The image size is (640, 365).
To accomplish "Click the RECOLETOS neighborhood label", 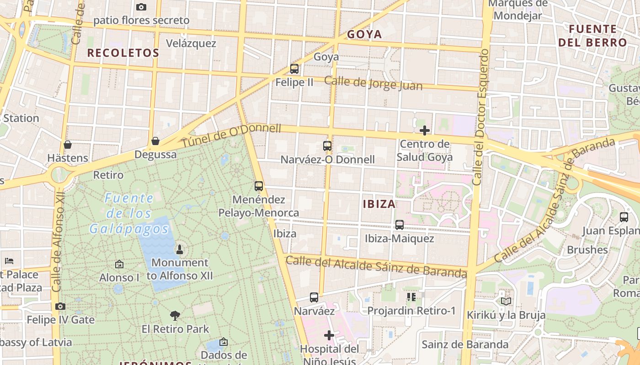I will tap(123, 53).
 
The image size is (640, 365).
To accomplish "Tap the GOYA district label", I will tap(364, 35).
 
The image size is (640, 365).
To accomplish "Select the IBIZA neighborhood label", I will tap(379, 204).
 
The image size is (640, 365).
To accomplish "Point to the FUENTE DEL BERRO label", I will tap(592, 36).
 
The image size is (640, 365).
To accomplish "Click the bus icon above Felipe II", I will tap(294, 69).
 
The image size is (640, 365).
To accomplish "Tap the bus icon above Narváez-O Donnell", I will tap(327, 146).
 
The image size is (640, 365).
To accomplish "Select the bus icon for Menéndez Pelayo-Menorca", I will tap(259, 186).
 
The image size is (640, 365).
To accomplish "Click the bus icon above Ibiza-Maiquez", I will tap(400, 225).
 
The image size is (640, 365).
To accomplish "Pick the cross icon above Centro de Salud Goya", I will tap(425, 130).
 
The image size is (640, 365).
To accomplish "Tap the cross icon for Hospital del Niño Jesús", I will tap(329, 335).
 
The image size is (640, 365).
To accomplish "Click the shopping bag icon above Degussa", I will tap(155, 141).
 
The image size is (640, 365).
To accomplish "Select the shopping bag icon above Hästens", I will tap(68, 145).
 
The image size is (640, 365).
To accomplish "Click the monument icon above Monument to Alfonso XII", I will tap(180, 250).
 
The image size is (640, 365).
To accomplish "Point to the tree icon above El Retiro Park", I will tap(175, 315).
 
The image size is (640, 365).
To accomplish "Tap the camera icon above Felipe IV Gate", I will tap(60, 306).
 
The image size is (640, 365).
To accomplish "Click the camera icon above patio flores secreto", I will tap(141, 7).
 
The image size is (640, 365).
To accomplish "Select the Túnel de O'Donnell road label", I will tap(232, 135).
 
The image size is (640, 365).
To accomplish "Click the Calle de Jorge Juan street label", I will tap(373, 83).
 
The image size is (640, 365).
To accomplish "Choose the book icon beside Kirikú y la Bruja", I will tap(506, 302).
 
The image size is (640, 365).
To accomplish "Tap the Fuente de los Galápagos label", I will tap(129, 214).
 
